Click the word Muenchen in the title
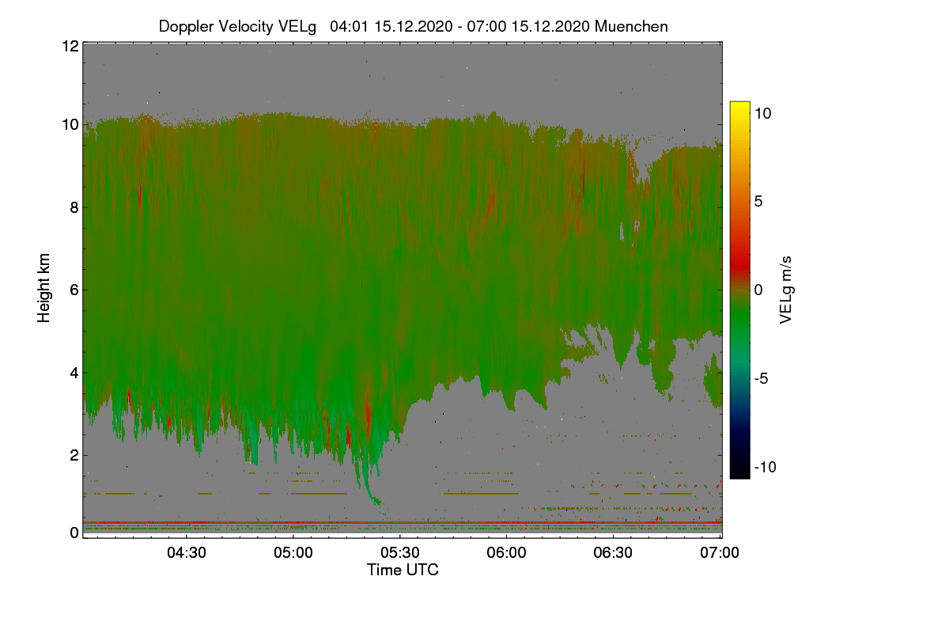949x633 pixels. click(x=631, y=26)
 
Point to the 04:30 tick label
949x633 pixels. click(x=187, y=552)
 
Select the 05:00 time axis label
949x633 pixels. click(x=293, y=552)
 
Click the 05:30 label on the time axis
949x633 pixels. click(x=400, y=552)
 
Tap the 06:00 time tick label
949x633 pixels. click(x=506, y=552)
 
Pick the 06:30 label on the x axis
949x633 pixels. click(x=613, y=552)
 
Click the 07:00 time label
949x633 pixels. click(x=720, y=552)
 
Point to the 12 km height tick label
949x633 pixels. click(x=70, y=46)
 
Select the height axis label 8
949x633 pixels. click(x=74, y=207)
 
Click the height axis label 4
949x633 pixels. click(x=74, y=373)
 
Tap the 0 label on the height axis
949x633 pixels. click(x=74, y=533)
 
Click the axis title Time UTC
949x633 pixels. click(x=403, y=570)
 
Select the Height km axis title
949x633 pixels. click(x=43, y=288)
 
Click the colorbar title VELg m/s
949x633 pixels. click(x=785, y=290)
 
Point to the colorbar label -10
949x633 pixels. click(x=766, y=467)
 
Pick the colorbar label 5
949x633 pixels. click(x=758, y=202)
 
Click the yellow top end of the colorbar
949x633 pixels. click(x=739, y=103)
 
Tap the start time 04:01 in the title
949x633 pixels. click(x=350, y=26)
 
